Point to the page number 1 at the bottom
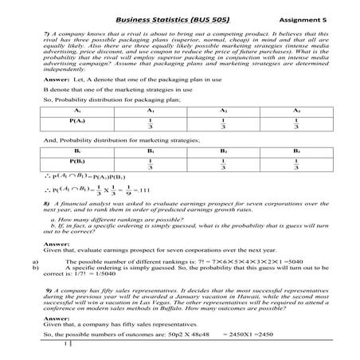click(65, 346)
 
